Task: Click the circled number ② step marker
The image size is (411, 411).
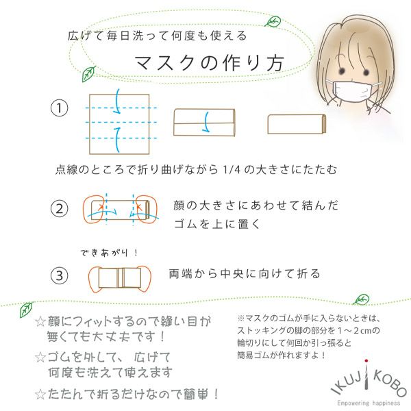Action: (60, 209)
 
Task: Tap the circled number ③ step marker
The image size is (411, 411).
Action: (60, 275)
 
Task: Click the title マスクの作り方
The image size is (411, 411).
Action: (209, 63)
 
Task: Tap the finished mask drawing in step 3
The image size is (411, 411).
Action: (119, 277)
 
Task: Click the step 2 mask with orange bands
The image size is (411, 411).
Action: (119, 210)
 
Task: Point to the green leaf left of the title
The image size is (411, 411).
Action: (89, 73)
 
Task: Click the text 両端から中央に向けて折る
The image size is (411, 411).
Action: (245, 274)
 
